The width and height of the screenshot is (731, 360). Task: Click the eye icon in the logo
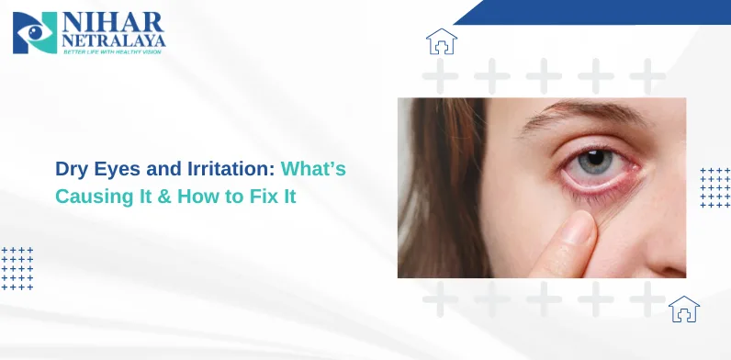35,32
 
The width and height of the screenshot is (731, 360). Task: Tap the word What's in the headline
314,170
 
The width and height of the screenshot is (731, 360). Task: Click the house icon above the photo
442,41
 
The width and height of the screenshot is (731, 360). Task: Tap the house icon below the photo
683,309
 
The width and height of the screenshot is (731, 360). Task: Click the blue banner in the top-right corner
606,11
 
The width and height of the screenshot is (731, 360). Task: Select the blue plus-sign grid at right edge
714,187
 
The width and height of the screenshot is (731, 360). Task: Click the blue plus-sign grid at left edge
17,268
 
